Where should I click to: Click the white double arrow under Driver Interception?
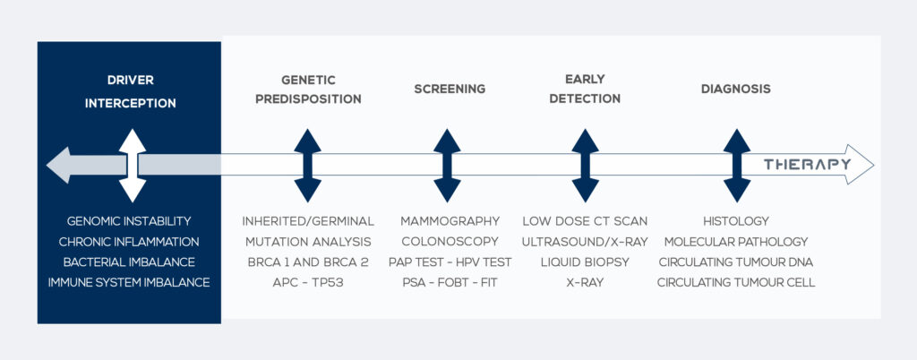(x=132, y=165)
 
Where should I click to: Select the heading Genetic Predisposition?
(x=308, y=90)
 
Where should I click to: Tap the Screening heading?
(x=450, y=89)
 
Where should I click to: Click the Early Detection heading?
(x=585, y=90)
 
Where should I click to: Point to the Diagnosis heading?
(x=735, y=89)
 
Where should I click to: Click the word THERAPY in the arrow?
(x=807, y=164)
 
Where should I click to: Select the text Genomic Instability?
(x=129, y=220)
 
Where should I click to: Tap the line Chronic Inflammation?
(x=129, y=241)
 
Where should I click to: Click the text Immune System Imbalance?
(x=129, y=282)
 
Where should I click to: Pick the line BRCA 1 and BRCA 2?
(x=308, y=261)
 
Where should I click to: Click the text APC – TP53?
(x=308, y=282)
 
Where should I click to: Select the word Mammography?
(x=450, y=220)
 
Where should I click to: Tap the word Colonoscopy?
(x=450, y=241)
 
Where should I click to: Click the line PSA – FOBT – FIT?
(x=450, y=282)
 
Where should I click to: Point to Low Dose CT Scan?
(x=585, y=220)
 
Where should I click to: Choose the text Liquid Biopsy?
(x=585, y=261)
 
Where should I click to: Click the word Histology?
(x=735, y=220)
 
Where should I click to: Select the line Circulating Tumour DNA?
(x=735, y=261)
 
